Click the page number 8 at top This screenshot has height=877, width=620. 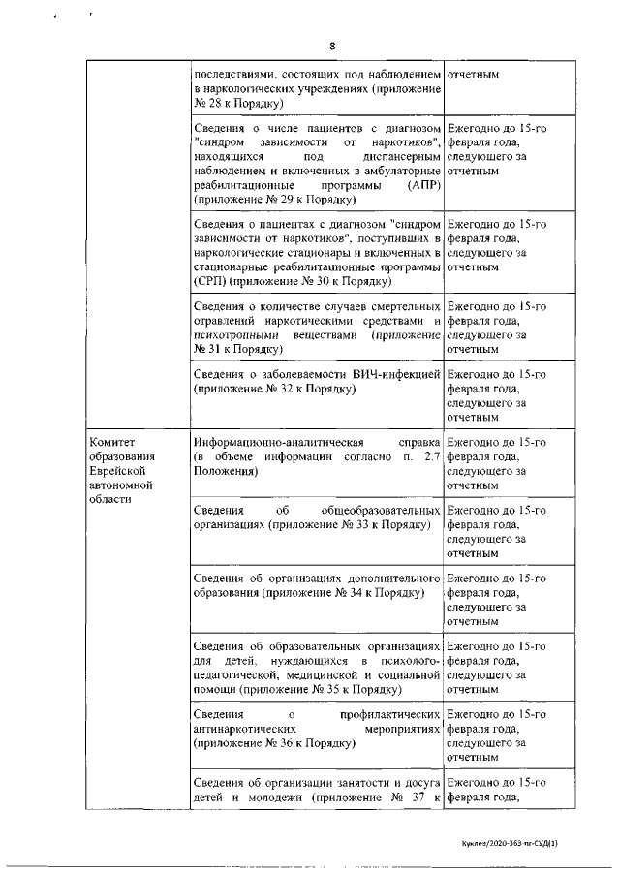click(331, 46)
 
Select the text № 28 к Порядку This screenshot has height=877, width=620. click(236, 102)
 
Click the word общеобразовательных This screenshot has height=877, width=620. click(379, 510)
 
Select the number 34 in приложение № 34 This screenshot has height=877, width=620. click(350, 592)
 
